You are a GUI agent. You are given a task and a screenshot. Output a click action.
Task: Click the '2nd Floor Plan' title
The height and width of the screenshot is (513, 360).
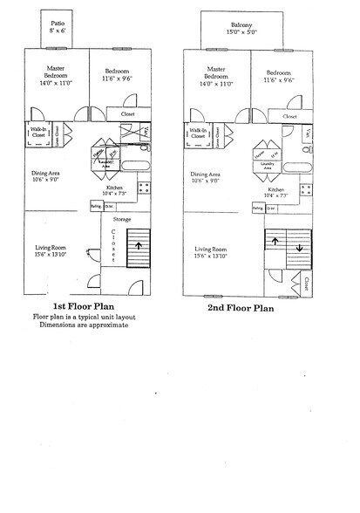tap(241, 308)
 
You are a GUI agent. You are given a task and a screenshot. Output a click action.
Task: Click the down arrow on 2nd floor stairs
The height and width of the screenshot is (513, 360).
tap(299, 246)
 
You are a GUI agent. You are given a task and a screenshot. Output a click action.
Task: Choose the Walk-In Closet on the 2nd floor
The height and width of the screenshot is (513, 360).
tap(198, 133)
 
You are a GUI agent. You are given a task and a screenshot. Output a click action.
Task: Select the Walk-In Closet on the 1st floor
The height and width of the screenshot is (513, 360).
tap(36, 133)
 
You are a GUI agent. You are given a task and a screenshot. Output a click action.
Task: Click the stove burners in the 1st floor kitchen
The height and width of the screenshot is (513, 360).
tap(145, 185)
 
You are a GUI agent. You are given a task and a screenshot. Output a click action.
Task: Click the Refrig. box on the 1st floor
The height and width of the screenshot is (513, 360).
tap(95, 206)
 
